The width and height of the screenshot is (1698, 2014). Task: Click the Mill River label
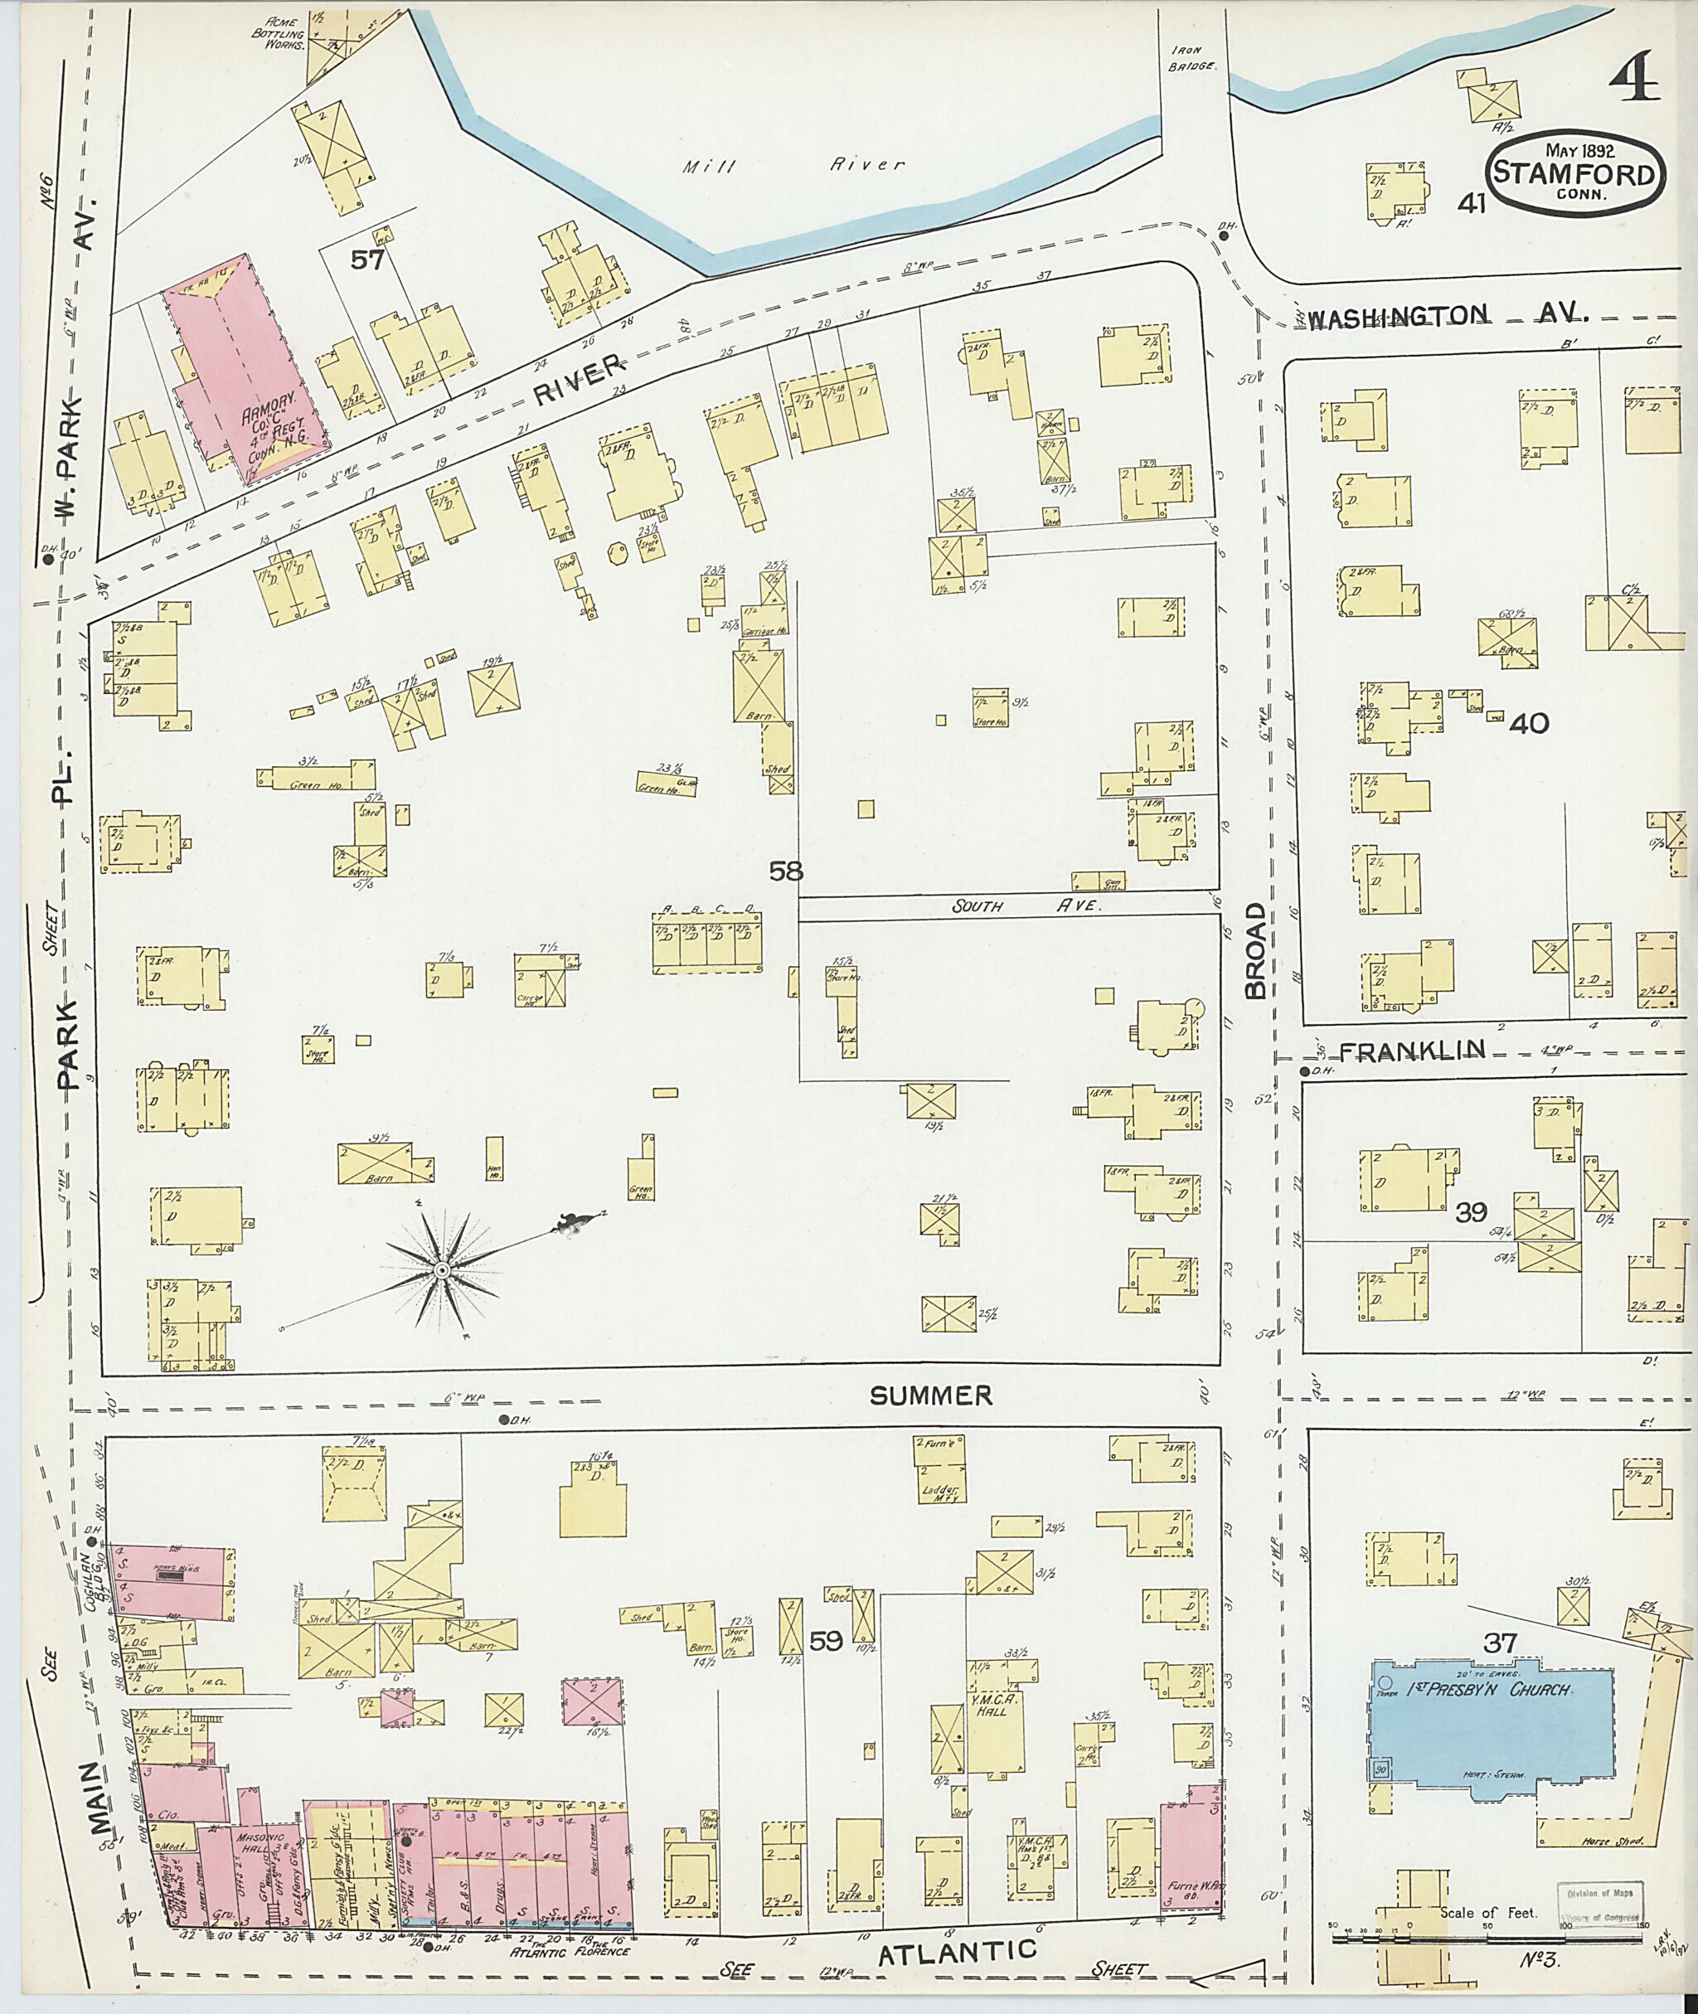(x=793, y=165)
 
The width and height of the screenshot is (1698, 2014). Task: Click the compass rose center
(x=441, y=1271)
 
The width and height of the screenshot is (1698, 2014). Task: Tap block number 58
(x=785, y=872)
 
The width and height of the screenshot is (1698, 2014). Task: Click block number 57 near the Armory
(x=366, y=259)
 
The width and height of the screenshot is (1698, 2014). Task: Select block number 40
(x=1529, y=723)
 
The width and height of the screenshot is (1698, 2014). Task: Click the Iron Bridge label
(x=1194, y=59)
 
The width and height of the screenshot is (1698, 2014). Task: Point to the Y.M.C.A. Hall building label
(x=991, y=1705)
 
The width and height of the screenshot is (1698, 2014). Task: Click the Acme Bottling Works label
(x=279, y=32)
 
